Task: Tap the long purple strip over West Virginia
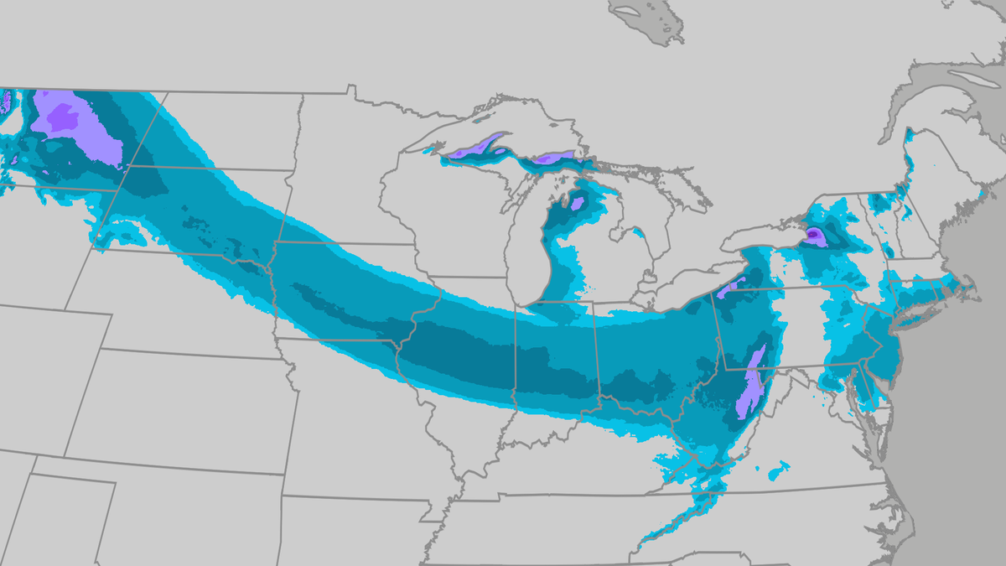(753, 382)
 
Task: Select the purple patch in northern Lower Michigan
(577, 203)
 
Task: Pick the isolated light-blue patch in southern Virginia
(779, 469)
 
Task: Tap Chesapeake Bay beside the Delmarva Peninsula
(863, 402)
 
